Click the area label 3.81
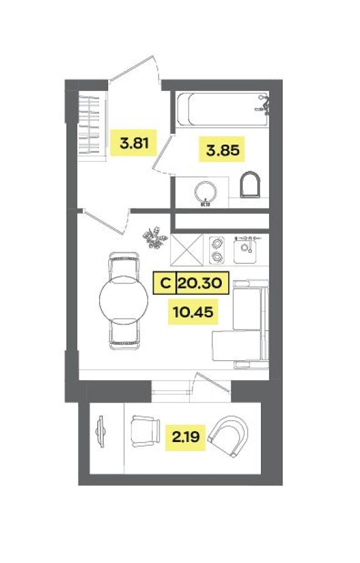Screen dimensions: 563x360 click(x=134, y=143)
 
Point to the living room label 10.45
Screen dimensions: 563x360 click(x=192, y=312)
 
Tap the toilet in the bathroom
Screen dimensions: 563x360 click(x=251, y=186)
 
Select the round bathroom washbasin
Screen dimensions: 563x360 click(x=206, y=193)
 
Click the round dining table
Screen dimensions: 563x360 click(x=123, y=299)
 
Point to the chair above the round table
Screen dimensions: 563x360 click(x=123, y=264)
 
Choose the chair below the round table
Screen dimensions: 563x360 click(x=123, y=333)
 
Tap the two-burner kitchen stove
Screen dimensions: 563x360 click(x=217, y=249)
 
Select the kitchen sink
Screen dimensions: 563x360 click(x=246, y=250)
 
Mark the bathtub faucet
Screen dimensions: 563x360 click(x=262, y=104)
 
